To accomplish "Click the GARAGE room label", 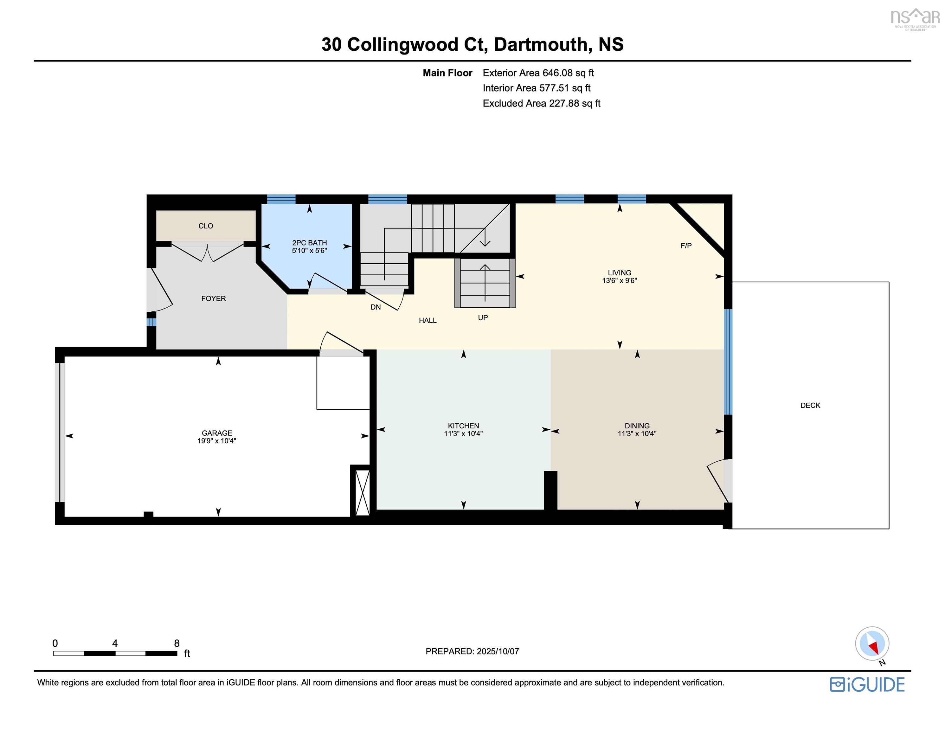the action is pos(217,433).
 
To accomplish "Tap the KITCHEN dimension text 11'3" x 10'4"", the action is pos(463,433).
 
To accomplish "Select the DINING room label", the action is pos(637,426).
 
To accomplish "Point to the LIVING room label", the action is pos(620,272).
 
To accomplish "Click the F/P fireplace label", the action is pos(686,246).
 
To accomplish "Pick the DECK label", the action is pos(810,406).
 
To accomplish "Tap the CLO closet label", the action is pos(206,226).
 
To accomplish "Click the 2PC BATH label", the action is pos(309,243).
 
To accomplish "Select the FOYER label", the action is pos(214,298).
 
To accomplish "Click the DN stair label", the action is pos(376,307).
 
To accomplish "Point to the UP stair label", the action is pos(483,317).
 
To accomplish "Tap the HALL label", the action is pos(428,321).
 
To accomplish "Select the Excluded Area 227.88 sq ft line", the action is pos(541,103).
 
